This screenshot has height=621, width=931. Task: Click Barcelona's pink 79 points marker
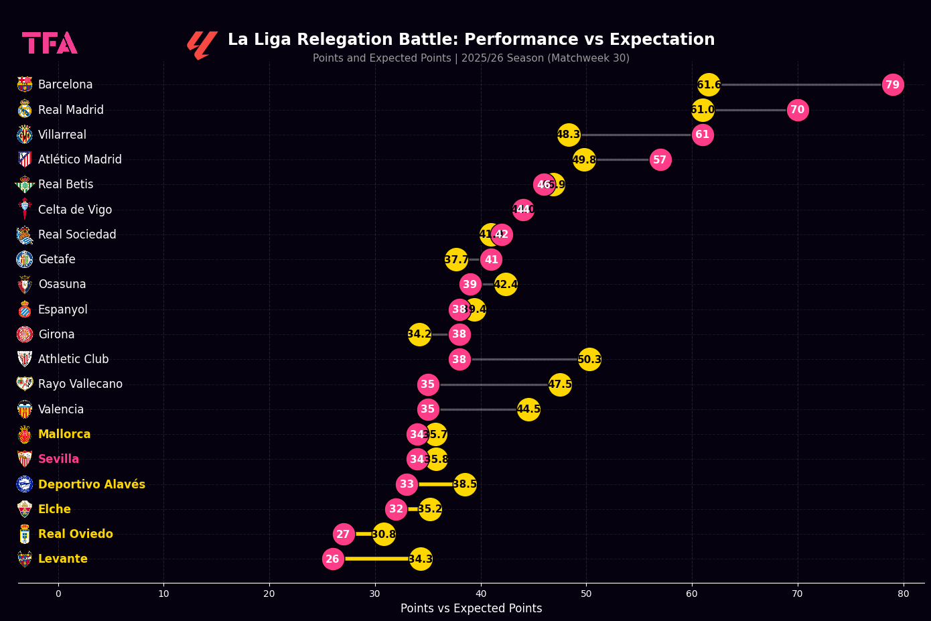[892, 85]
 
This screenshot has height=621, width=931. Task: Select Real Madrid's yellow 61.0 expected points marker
[703, 110]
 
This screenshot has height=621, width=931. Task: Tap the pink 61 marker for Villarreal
[702, 135]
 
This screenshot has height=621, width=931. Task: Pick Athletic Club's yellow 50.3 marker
[589, 360]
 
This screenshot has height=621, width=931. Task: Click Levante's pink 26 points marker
[333, 559]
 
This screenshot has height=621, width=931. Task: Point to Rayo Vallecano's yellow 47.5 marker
[560, 385]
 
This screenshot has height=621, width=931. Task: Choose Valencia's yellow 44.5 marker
[528, 409]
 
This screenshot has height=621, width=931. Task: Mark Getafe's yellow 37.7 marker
[456, 260]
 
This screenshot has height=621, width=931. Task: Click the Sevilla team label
[58, 459]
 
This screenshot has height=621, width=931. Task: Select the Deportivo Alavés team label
[91, 484]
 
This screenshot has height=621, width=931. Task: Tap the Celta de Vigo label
[75, 210]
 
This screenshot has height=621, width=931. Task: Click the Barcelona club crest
[25, 84]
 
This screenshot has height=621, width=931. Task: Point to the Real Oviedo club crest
[25, 534]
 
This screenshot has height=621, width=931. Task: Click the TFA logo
[50, 43]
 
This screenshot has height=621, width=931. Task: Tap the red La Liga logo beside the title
[202, 45]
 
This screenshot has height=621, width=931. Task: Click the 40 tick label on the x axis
[481, 594]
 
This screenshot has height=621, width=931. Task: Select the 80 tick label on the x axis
[904, 594]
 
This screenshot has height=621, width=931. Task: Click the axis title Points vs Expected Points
[471, 608]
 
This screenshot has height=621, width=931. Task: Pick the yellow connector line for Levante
[376, 559]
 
